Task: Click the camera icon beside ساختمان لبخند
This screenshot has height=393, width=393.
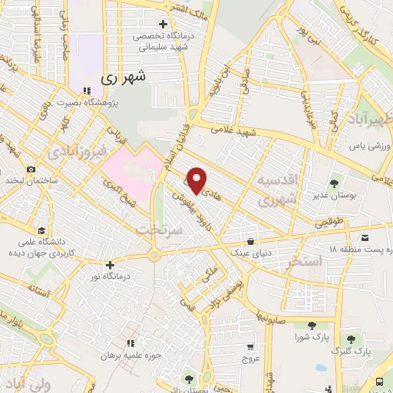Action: (x=31, y=169)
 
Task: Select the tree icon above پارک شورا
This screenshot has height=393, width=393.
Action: (x=311, y=325)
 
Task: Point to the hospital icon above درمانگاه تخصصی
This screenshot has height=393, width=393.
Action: (x=161, y=25)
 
